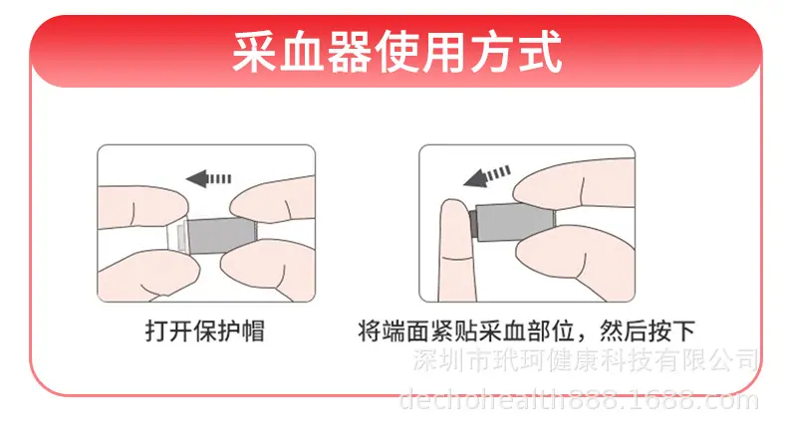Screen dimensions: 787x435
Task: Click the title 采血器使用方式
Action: coord(396,52)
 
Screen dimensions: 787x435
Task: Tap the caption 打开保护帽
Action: coord(205,331)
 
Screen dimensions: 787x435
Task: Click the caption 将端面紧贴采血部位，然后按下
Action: coord(527,331)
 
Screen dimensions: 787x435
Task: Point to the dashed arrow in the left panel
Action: coord(208,178)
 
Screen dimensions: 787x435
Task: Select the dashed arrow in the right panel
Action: coord(486,176)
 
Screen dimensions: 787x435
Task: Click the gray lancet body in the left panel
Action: coord(221,235)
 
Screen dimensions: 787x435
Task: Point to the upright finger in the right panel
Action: coord(456,250)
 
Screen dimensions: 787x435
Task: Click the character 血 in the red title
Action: coord(302,52)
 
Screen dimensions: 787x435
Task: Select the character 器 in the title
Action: coord(350,52)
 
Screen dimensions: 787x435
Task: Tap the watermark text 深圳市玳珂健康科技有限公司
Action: coord(585,360)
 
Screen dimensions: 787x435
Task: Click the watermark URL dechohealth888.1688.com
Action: coord(578,400)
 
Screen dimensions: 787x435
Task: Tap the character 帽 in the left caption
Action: coord(252,331)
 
